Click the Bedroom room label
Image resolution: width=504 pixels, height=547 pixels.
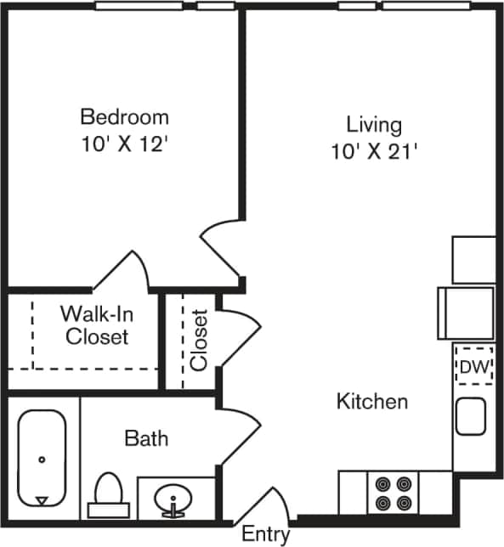click(x=124, y=116)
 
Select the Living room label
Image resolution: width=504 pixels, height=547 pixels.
click(x=374, y=125)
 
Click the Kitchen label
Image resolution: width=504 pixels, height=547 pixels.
click(x=372, y=401)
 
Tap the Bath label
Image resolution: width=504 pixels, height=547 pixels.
click(x=146, y=439)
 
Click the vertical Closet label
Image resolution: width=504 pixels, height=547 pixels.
click(x=200, y=340)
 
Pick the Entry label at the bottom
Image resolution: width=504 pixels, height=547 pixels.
click(x=266, y=535)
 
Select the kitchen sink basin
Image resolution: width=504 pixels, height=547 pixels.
click(x=470, y=417)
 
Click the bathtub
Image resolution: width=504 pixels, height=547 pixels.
click(x=42, y=459)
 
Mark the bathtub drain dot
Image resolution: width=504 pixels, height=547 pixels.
click(x=42, y=460)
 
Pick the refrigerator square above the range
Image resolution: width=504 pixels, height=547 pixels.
click(x=473, y=259)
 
